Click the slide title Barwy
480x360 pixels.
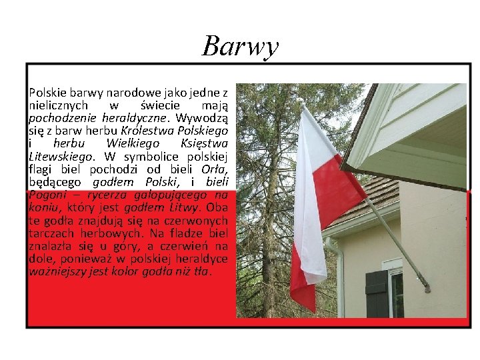click(x=240, y=46)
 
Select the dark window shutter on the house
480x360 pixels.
click(x=377, y=293)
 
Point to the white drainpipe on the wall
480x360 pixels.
click(x=337, y=280)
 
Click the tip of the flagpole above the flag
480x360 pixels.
click(x=301, y=101)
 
